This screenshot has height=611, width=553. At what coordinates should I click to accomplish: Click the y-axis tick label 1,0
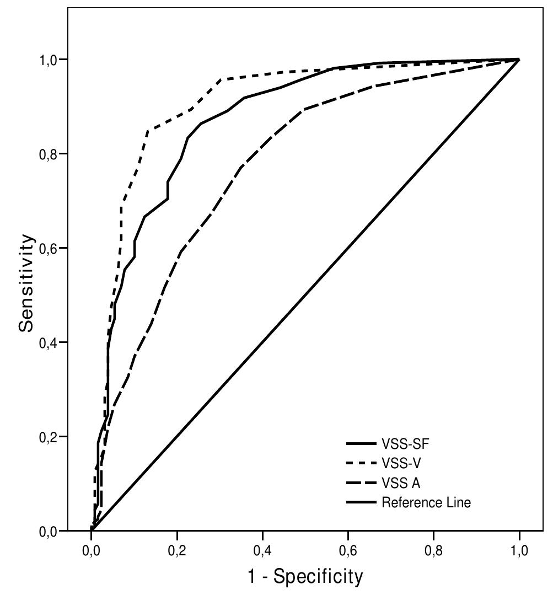(x=52, y=60)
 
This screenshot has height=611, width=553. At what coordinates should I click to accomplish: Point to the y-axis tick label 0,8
(x=52, y=154)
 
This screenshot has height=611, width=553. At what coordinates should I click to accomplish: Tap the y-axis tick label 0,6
(x=52, y=248)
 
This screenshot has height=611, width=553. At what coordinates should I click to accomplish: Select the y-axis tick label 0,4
(x=52, y=342)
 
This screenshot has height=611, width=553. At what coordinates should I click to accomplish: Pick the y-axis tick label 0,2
(x=52, y=437)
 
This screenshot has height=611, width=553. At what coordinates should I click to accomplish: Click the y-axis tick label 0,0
(x=52, y=531)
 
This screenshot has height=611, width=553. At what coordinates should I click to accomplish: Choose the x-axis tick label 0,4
(x=262, y=550)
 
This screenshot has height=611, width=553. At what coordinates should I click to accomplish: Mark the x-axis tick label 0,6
(x=348, y=550)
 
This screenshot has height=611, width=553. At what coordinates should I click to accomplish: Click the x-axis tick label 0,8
(x=433, y=550)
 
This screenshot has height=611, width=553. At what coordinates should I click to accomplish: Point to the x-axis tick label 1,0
(x=519, y=550)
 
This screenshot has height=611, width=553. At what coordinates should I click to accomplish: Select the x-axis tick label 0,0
(x=91, y=550)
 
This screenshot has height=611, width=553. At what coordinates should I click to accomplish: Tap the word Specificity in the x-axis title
(x=318, y=577)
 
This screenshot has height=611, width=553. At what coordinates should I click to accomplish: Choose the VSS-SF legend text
(x=405, y=443)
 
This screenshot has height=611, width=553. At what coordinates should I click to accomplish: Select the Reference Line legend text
(x=426, y=502)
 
